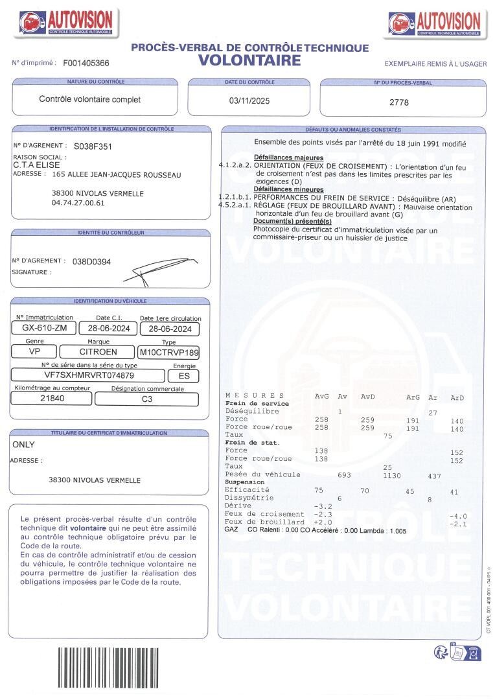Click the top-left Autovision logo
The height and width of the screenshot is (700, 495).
(65, 23)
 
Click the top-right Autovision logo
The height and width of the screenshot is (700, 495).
(435, 23)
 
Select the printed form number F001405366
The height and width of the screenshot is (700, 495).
(86, 64)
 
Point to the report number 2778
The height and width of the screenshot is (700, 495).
(399, 102)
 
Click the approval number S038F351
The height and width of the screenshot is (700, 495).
(93, 146)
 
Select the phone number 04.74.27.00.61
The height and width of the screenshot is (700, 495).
(78, 203)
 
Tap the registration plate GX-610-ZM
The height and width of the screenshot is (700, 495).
(44, 329)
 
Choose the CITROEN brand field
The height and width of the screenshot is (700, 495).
(98, 352)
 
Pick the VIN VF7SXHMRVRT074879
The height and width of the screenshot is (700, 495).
(89, 375)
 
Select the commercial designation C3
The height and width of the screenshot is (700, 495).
(147, 399)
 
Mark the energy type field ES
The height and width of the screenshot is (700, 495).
(184, 375)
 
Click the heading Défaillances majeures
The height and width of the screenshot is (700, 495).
(288, 157)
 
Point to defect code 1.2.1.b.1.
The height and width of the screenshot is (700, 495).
(235, 196)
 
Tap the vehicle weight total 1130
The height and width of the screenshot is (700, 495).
(391, 475)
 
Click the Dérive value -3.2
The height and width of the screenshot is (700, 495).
(322, 506)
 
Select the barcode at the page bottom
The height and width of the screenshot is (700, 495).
(108, 670)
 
